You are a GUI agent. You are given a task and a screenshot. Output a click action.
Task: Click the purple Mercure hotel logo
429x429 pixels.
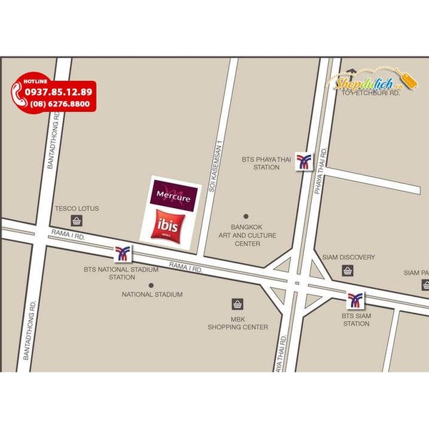click(x=174, y=193)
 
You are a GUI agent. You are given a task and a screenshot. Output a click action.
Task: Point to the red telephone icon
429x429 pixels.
click(x=17, y=97)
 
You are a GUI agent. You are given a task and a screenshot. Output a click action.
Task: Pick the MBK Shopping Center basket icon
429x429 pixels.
click(x=237, y=305)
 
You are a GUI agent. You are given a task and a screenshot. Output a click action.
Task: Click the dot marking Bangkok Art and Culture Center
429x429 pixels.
click(x=245, y=216)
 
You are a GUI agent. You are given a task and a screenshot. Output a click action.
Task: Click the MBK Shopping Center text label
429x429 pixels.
click(x=237, y=323)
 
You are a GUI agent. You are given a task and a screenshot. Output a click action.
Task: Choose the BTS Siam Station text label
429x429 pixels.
click(x=355, y=320)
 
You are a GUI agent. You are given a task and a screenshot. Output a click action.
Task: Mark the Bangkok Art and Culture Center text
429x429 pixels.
click(x=246, y=235)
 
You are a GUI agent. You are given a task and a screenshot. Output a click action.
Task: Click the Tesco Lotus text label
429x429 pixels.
click(x=77, y=209)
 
